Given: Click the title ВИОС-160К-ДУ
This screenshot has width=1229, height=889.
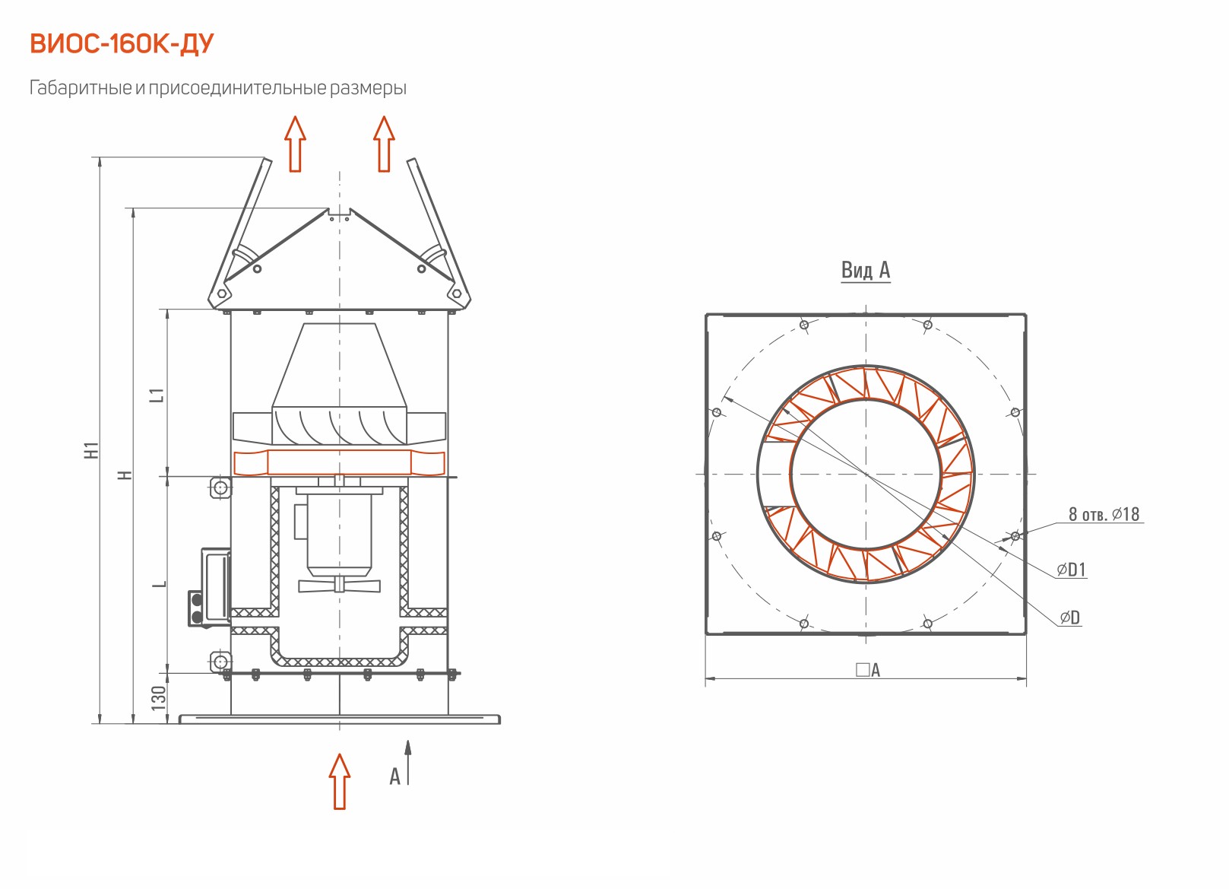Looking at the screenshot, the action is (x=122, y=44).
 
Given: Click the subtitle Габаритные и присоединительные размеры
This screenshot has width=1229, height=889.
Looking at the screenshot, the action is (x=218, y=88).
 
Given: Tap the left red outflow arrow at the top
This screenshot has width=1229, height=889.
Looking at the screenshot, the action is (x=295, y=144).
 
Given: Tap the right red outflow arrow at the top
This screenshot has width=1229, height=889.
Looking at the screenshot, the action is (x=384, y=144).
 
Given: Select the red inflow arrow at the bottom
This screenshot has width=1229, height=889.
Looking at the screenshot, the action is (x=340, y=781).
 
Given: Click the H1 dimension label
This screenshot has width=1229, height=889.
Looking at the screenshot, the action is (x=92, y=449).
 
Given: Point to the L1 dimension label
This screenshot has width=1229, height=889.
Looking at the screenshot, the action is (x=157, y=395).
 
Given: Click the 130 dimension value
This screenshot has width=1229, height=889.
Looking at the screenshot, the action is (x=158, y=697).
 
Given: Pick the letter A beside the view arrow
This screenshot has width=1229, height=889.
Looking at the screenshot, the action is (x=394, y=776).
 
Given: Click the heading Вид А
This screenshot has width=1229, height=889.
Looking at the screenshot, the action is (x=866, y=270).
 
